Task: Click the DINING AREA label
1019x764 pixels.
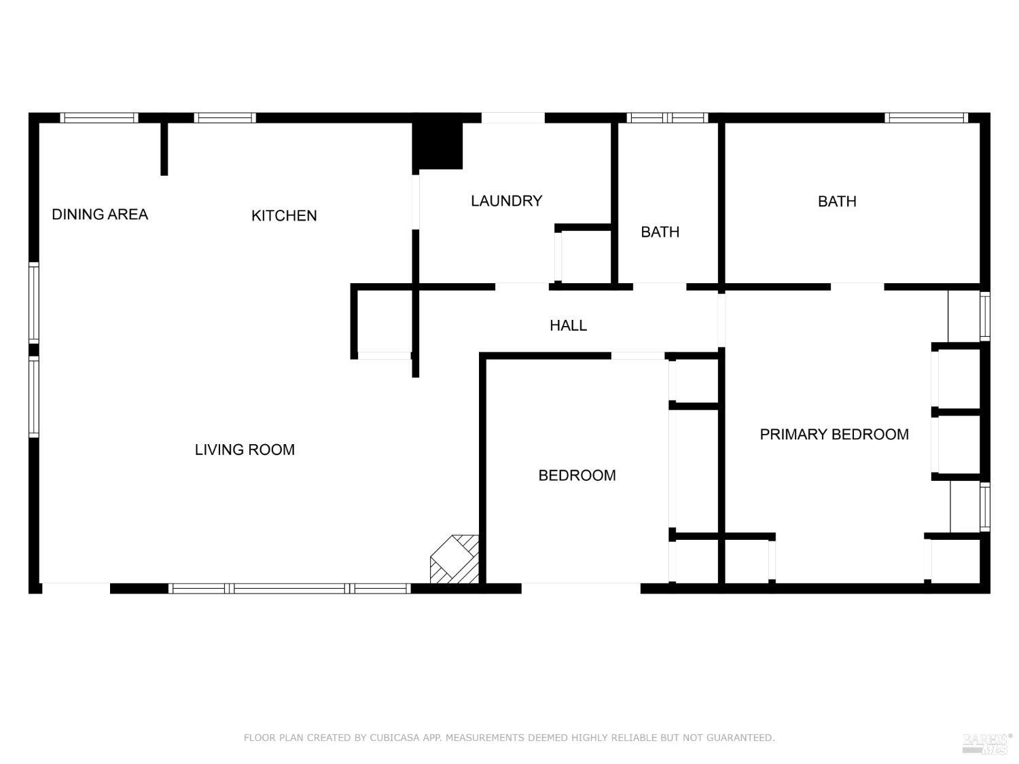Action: [100, 215]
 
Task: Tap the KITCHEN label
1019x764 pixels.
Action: [284, 216]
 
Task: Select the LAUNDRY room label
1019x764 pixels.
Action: [506, 201]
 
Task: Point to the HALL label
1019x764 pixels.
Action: [568, 326]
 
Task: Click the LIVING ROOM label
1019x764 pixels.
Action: [245, 450]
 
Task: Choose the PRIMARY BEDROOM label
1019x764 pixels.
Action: [834, 435]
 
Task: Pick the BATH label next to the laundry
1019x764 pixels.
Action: [660, 232]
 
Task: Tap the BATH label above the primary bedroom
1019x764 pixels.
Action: [836, 202]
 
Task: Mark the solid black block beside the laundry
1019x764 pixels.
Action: [438, 145]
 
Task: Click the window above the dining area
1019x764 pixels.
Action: [99, 118]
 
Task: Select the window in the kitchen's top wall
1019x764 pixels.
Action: [225, 118]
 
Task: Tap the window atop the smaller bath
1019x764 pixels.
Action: [667, 118]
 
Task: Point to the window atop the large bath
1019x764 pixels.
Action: [926, 118]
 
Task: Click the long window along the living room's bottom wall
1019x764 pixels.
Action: [289, 588]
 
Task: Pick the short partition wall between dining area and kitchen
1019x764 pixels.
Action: [164, 149]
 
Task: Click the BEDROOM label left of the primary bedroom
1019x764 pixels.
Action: [577, 475]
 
